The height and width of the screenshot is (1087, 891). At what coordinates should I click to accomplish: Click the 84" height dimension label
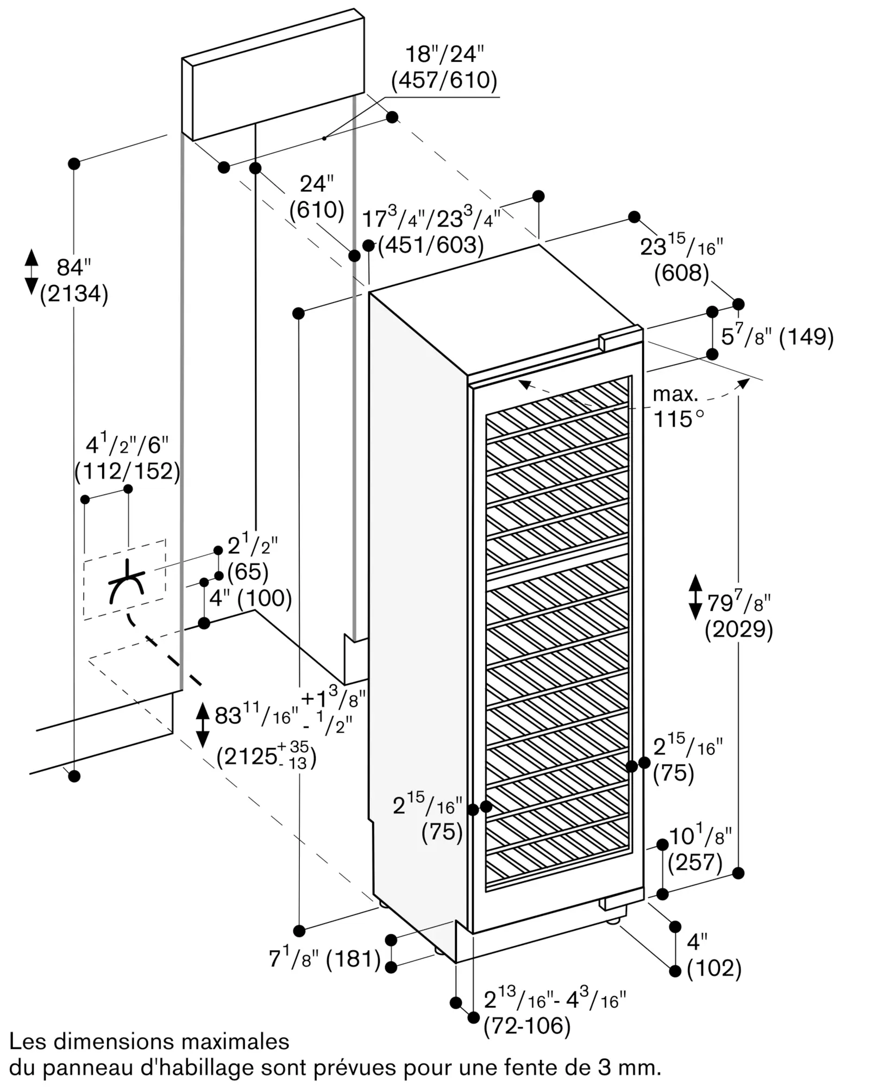pyautogui.click(x=74, y=268)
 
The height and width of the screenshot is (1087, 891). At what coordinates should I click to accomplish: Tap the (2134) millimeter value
pyautogui.click(x=74, y=294)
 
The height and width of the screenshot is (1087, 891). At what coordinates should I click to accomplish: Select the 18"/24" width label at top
pyautogui.click(x=444, y=55)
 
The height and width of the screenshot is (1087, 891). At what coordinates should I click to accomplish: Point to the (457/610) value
pyautogui.click(x=444, y=80)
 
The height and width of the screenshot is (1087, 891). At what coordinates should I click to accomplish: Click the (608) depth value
pyautogui.click(x=682, y=273)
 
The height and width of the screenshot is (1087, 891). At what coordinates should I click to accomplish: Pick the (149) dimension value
pyautogui.click(x=806, y=338)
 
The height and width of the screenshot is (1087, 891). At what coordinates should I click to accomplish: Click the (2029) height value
pyautogui.click(x=739, y=630)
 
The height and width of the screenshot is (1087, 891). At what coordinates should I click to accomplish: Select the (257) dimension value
pyautogui.click(x=695, y=862)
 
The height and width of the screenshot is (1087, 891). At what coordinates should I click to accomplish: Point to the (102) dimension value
pyautogui.click(x=714, y=969)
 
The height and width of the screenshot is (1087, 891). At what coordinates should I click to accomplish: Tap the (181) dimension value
pyautogui.click(x=354, y=959)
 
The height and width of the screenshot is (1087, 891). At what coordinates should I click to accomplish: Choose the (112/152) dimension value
pyautogui.click(x=127, y=471)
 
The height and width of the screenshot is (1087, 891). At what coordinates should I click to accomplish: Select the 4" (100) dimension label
pyautogui.click(x=250, y=598)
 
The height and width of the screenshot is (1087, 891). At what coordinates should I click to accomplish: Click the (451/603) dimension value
pyautogui.click(x=431, y=245)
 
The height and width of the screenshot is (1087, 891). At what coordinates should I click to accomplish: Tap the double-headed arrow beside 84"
pyautogui.click(x=32, y=272)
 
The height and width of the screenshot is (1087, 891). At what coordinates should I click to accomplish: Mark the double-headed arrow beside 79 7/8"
pyautogui.click(x=695, y=597)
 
